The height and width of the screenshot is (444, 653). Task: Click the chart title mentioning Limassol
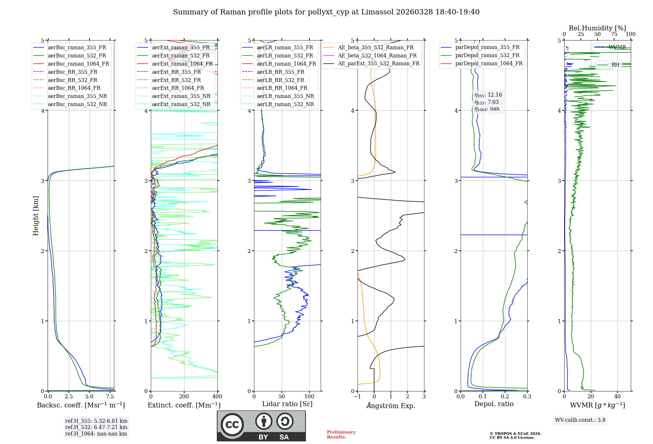click(326, 12)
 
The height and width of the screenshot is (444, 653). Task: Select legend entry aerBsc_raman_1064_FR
click(78, 64)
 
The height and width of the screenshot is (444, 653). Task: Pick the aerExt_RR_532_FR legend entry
click(176, 80)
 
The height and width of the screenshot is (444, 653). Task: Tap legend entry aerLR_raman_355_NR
click(285, 96)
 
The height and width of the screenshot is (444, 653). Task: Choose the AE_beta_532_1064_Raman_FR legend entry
click(377, 55)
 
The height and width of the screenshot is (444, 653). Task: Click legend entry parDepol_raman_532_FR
click(487, 55)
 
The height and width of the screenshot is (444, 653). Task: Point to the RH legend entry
click(615, 65)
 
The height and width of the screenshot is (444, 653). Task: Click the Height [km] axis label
click(36, 215)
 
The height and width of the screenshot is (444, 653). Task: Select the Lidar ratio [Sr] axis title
click(287, 404)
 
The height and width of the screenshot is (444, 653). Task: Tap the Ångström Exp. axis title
click(391, 405)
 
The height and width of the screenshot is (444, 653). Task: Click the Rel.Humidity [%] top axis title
click(597, 28)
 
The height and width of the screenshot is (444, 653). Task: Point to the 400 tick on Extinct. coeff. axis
click(217, 396)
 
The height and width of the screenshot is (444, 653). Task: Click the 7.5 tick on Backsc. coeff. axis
click(110, 396)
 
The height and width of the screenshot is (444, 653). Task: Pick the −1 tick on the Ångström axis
click(358, 396)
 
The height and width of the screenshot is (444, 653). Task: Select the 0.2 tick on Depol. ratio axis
click(505, 396)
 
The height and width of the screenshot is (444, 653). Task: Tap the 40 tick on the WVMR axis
click(617, 396)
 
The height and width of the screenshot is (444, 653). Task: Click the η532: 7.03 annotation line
click(486, 102)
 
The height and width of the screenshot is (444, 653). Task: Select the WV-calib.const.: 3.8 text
click(580, 420)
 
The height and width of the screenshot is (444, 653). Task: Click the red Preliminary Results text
click(341, 434)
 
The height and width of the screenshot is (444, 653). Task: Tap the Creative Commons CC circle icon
click(232, 424)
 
